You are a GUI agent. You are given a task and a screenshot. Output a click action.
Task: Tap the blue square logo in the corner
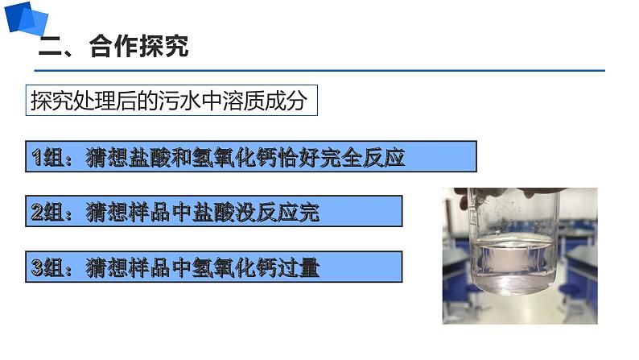click(x=25, y=18)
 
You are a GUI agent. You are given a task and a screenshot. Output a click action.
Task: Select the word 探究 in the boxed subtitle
click(x=51, y=102)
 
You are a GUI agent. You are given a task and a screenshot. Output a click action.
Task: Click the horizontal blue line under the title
click(x=322, y=71)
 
